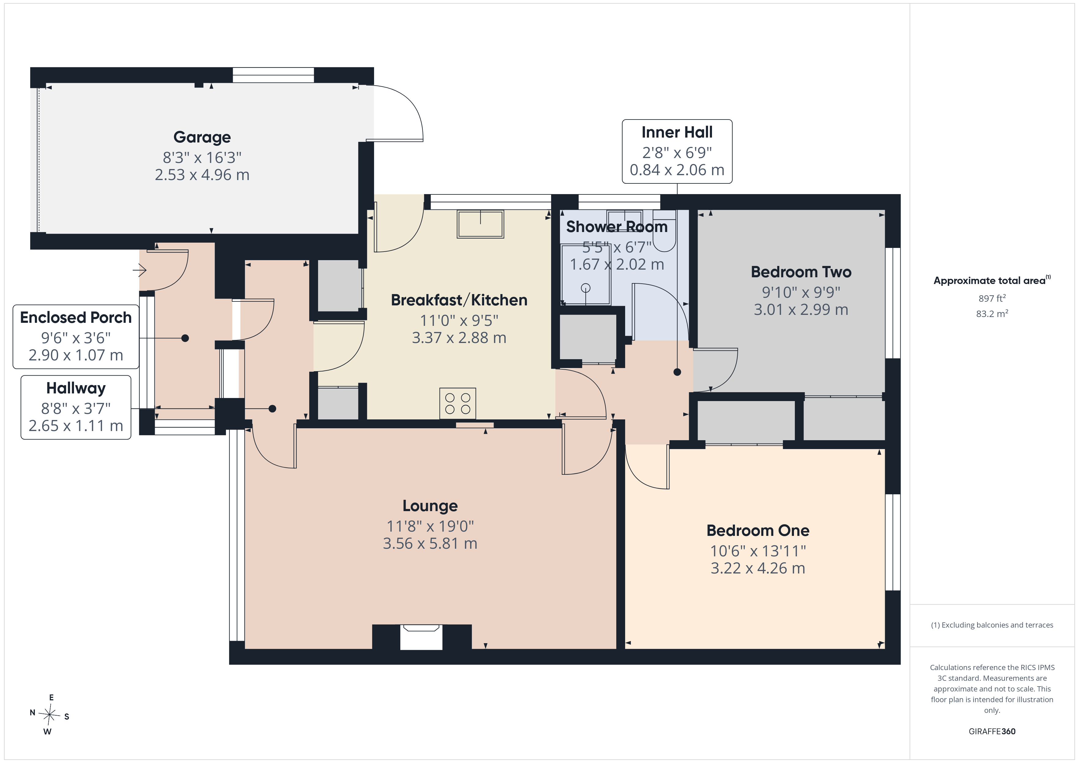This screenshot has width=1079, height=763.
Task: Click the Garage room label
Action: pos(202,137)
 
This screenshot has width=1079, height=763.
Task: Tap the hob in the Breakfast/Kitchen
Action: pos(458,404)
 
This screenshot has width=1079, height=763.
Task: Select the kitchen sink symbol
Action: pos(480,224)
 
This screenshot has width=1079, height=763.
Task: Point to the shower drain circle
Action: pos(586,288)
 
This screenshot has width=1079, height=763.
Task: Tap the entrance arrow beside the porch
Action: pos(139,270)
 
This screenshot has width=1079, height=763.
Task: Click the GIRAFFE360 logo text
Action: pos(992,732)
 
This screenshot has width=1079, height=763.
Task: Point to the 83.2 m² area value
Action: pos(992,313)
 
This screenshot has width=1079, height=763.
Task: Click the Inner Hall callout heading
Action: pos(677,132)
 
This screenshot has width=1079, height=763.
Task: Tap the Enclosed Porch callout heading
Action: pos(76,318)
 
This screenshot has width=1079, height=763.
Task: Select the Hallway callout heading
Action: pos(76,389)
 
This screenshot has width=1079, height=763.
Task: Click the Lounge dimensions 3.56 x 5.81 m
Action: pos(430,544)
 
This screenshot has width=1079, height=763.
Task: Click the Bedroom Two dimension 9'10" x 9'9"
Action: pos(801,292)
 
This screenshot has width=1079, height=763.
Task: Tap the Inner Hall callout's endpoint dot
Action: pos(677,372)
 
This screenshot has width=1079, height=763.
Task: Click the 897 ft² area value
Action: pos(992,298)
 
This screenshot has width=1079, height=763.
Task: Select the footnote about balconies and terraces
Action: pos(992,625)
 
